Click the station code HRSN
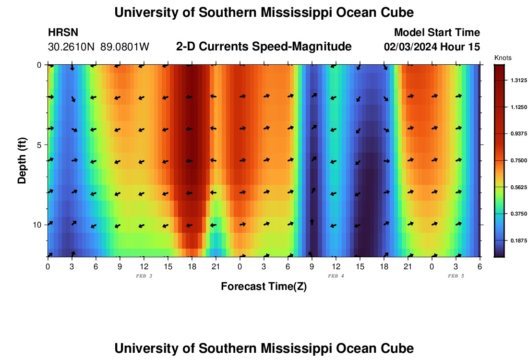63,33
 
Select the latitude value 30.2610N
72,47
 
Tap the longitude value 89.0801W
125,47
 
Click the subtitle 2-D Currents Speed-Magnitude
264,47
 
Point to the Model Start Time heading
437,33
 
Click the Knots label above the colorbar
503,58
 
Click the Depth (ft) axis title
22,161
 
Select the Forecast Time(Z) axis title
264,287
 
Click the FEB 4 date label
336,276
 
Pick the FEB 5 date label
456,276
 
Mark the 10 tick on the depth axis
37,225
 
